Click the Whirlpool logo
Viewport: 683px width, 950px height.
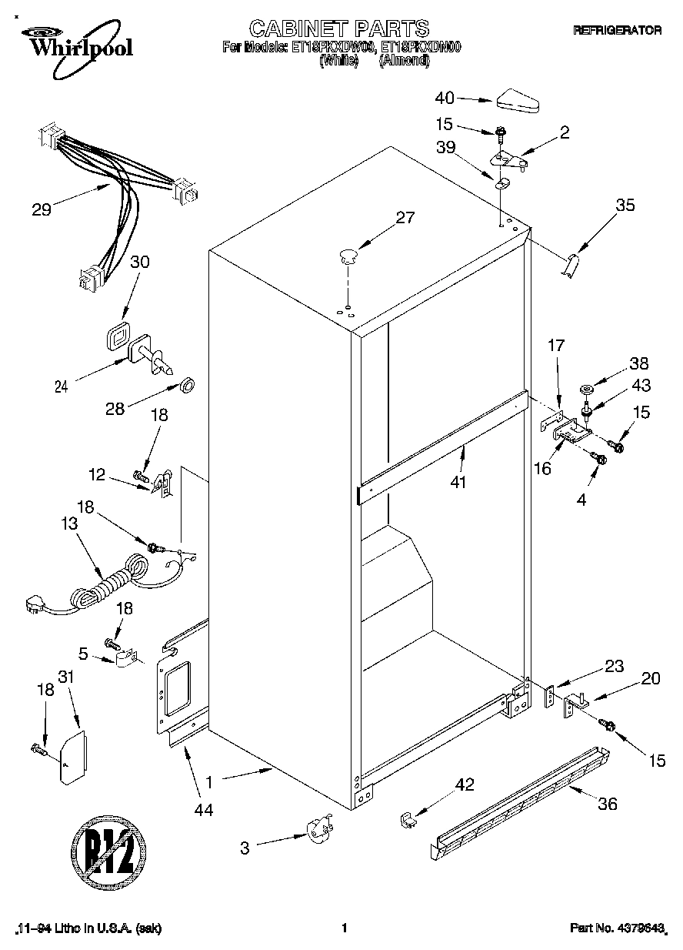click(75, 42)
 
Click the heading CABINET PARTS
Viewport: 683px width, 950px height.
click(339, 29)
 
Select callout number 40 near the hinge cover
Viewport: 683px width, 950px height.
click(445, 98)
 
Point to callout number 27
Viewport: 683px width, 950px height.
click(404, 218)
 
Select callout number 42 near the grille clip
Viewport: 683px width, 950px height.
click(464, 785)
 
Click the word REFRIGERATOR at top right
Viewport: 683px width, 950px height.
click(618, 30)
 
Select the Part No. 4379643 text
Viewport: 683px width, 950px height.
click(617, 929)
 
